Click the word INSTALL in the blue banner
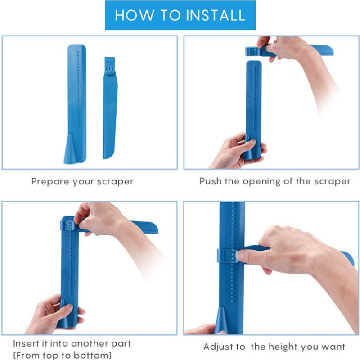pyautogui.click(x=216, y=15)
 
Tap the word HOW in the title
pyautogui.click(x=135, y=15)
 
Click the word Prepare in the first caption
pyautogui.click(x=50, y=182)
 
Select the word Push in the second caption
pyautogui.click(x=210, y=181)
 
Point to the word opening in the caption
pyautogui.click(x=261, y=182)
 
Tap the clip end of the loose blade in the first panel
pyautogui.click(x=110, y=66)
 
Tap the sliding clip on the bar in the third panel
pyautogui.click(x=68, y=225)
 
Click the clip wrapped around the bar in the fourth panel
pyautogui.click(x=227, y=256)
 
